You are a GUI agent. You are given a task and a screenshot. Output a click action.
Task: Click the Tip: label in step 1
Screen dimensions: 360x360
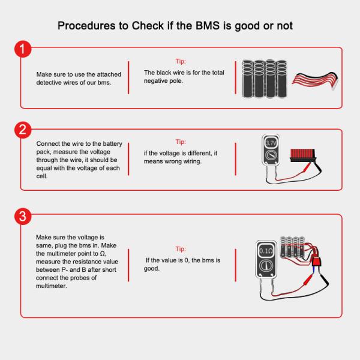(180, 61)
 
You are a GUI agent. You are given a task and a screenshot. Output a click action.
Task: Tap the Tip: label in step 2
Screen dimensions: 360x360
(180, 142)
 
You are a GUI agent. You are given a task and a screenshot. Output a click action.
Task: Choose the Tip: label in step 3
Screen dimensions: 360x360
(180, 248)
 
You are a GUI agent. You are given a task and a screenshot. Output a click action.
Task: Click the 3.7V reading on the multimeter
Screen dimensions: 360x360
(271, 144)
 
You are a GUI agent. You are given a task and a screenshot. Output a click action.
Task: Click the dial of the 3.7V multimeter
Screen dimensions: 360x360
(271, 157)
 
